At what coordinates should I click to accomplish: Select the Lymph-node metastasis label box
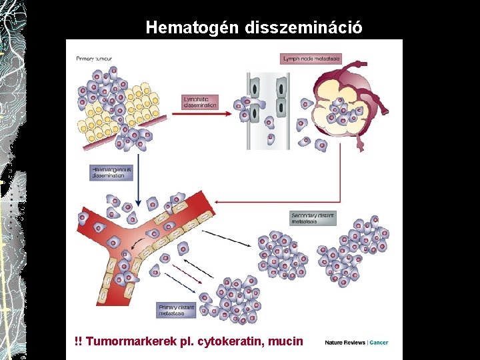click(x=311, y=59)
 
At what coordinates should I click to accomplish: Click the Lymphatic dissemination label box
click(x=200, y=102)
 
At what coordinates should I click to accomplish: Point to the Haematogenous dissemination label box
click(x=111, y=172)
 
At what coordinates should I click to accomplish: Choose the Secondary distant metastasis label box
click(x=313, y=218)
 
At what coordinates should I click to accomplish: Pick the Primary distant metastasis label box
click(x=177, y=310)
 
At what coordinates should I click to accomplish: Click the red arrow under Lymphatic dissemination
click(x=201, y=114)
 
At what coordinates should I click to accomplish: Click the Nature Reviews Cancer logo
click(x=356, y=343)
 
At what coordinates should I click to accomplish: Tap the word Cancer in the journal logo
click(x=379, y=343)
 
